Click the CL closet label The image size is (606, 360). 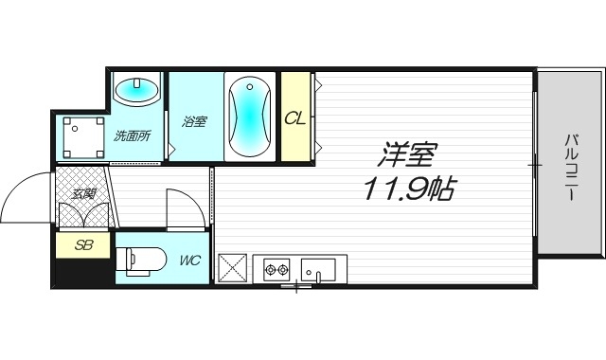point(294,118)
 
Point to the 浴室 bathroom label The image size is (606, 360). point(194,121)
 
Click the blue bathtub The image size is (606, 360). point(250,117)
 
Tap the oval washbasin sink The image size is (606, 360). point(137,91)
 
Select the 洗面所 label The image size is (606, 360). point(132,135)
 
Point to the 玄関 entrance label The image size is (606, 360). point(83,194)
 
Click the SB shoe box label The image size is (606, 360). point(83,245)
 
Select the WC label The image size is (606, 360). point(188,260)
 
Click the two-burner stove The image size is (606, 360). point(276,269)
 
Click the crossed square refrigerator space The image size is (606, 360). point(233,268)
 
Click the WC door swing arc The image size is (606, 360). point(186,206)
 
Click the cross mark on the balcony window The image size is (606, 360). point(535,165)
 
